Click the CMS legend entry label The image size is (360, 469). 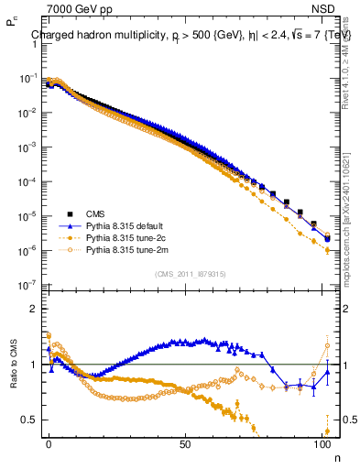click(94, 213)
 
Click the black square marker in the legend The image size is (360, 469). click(69, 213)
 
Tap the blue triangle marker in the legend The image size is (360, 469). click(69, 224)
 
